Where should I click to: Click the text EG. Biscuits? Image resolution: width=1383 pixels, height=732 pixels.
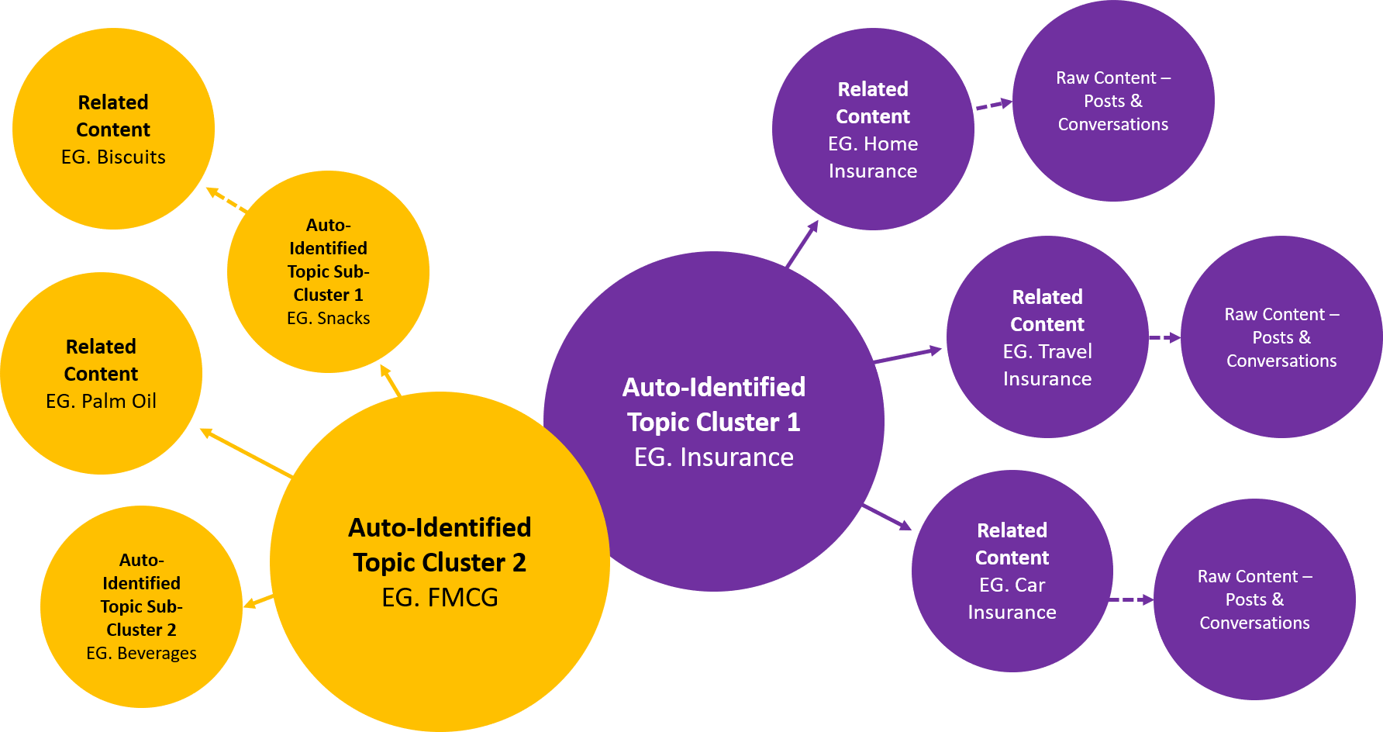[x=113, y=157]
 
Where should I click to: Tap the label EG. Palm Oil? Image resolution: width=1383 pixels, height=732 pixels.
[x=101, y=401]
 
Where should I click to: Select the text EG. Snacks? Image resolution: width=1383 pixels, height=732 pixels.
[x=328, y=318]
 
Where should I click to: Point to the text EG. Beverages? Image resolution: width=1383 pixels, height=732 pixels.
[x=141, y=653]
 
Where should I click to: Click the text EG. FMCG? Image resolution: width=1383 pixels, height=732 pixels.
[x=440, y=597]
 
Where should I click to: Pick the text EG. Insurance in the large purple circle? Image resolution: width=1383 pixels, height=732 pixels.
[x=713, y=457]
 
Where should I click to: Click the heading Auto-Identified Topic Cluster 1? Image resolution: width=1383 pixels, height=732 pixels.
[x=713, y=404]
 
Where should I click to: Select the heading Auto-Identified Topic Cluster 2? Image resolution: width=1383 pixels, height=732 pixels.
[x=440, y=544]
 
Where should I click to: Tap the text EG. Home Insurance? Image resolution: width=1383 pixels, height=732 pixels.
[x=873, y=157]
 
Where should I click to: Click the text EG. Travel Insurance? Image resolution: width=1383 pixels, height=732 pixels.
[x=1047, y=365]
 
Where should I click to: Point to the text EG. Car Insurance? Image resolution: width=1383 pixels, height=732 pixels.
[x=1012, y=599]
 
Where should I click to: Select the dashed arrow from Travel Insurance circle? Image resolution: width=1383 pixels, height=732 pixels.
[x=1164, y=337]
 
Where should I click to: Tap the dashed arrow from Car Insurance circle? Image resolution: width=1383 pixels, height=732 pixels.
[x=1132, y=599]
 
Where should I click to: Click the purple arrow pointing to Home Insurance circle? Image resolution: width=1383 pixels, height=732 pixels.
[x=802, y=243]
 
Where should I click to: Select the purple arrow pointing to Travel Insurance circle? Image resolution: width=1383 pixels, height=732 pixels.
[x=907, y=355]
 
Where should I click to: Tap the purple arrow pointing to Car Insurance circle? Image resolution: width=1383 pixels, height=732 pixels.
[x=887, y=516]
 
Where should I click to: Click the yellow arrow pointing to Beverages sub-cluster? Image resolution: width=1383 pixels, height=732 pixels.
[x=258, y=601]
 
